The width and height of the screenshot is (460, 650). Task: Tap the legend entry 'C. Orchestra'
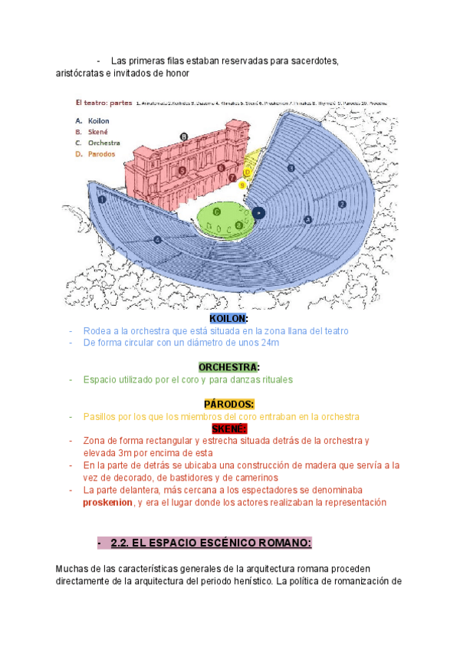click(97, 143)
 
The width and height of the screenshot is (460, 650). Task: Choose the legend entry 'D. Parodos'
click(95, 153)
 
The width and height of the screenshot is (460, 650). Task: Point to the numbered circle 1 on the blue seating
click(102, 199)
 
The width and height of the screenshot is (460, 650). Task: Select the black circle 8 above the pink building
click(183, 136)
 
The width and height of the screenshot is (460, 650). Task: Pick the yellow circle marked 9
click(242, 185)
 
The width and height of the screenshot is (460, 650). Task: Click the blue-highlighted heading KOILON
click(228, 318)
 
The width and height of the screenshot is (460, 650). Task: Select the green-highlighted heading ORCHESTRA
click(228, 367)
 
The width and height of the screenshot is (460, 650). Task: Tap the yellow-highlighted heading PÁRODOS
click(228, 404)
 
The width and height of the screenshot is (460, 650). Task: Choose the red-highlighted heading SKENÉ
click(228, 428)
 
